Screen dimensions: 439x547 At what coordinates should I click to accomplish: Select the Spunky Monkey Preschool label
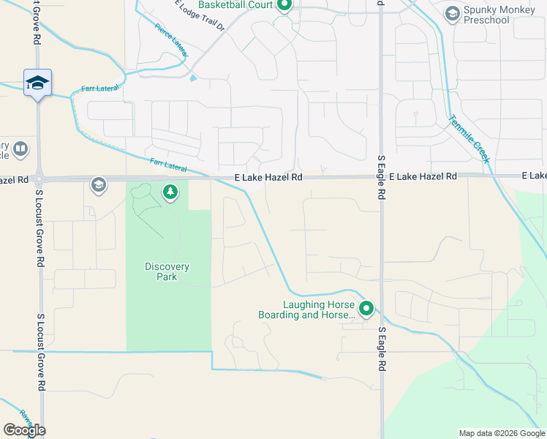(x=486, y=15)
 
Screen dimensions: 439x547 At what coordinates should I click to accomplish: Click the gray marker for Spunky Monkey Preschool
(x=453, y=14)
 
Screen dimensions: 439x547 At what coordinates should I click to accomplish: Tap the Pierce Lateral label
(x=171, y=41)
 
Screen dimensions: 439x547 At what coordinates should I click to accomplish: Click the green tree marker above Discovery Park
(x=170, y=192)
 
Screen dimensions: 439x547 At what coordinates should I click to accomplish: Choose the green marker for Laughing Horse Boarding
(x=366, y=309)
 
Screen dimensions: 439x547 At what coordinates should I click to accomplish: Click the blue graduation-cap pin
(x=37, y=83)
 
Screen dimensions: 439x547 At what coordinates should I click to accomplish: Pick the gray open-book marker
(x=21, y=149)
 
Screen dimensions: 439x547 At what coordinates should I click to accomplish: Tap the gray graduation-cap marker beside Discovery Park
(x=98, y=185)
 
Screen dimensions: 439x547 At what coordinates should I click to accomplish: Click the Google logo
(x=24, y=430)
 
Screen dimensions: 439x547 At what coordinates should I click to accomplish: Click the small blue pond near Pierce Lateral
(x=192, y=78)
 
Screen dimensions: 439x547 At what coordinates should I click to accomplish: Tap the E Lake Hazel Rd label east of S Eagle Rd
(x=423, y=177)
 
